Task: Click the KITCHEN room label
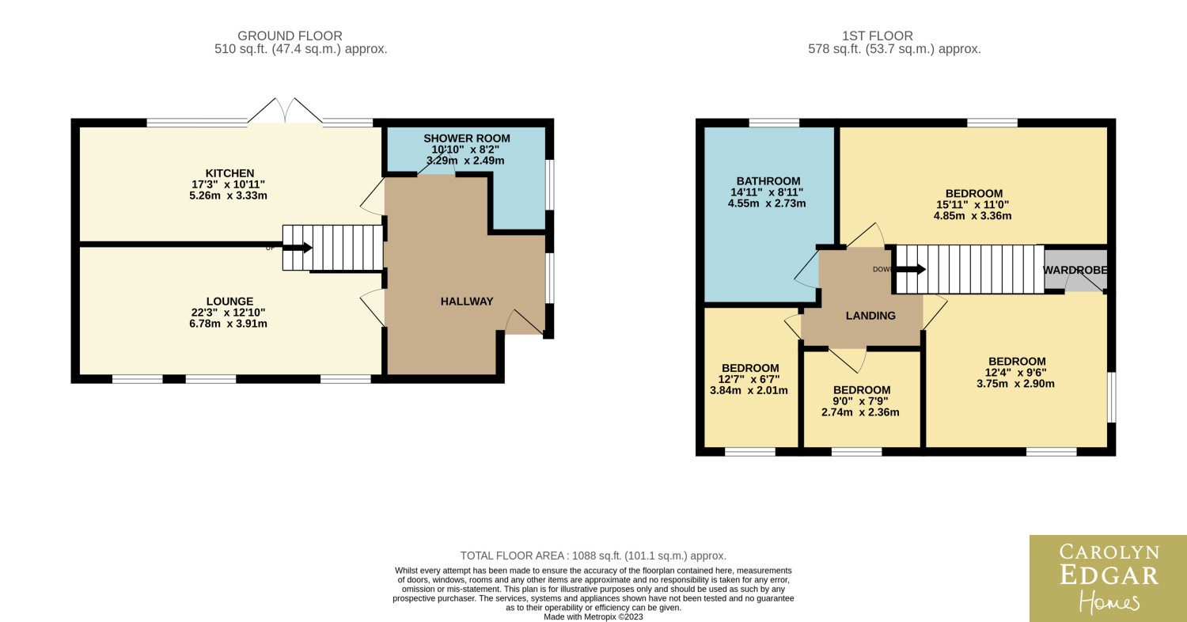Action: pyautogui.click(x=229, y=173)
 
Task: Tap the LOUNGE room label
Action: pyautogui.click(x=229, y=302)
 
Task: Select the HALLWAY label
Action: pyautogui.click(x=467, y=302)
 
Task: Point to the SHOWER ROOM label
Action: pyautogui.click(x=466, y=138)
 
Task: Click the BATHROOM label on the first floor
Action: pyautogui.click(x=768, y=181)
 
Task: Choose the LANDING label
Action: pyautogui.click(x=870, y=316)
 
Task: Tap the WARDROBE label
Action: pyautogui.click(x=1075, y=270)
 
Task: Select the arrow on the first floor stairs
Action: pyautogui.click(x=911, y=269)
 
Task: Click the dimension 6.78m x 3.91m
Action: pyautogui.click(x=228, y=324)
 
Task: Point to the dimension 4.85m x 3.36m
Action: pyautogui.click(x=973, y=216)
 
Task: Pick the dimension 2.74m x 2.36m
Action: pyautogui.click(x=860, y=412)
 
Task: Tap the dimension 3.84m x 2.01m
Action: pyautogui.click(x=749, y=390)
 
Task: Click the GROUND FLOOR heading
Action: pyautogui.click(x=290, y=36)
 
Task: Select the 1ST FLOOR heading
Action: pyautogui.click(x=878, y=36)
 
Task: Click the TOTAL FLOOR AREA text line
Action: pyautogui.click(x=593, y=556)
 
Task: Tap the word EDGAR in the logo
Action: pyautogui.click(x=1109, y=575)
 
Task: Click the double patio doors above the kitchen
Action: pyautogui.click(x=285, y=110)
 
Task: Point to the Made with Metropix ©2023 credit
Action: pyautogui.click(x=593, y=617)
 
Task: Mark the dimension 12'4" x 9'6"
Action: pyautogui.click(x=1015, y=373)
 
